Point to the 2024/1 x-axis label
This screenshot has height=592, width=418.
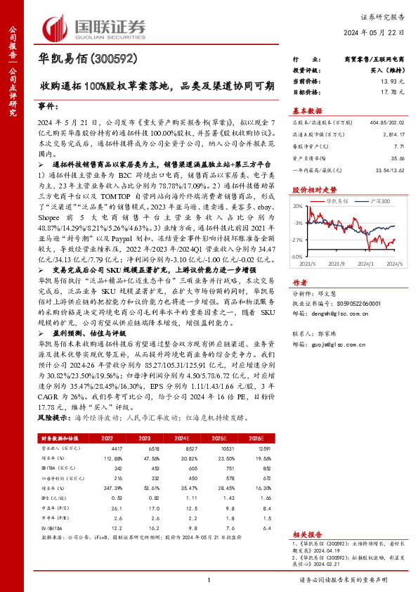(363, 264)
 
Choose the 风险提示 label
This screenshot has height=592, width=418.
(51, 417)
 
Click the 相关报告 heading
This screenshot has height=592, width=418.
(307, 534)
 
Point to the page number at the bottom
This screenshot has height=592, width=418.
(209, 580)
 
